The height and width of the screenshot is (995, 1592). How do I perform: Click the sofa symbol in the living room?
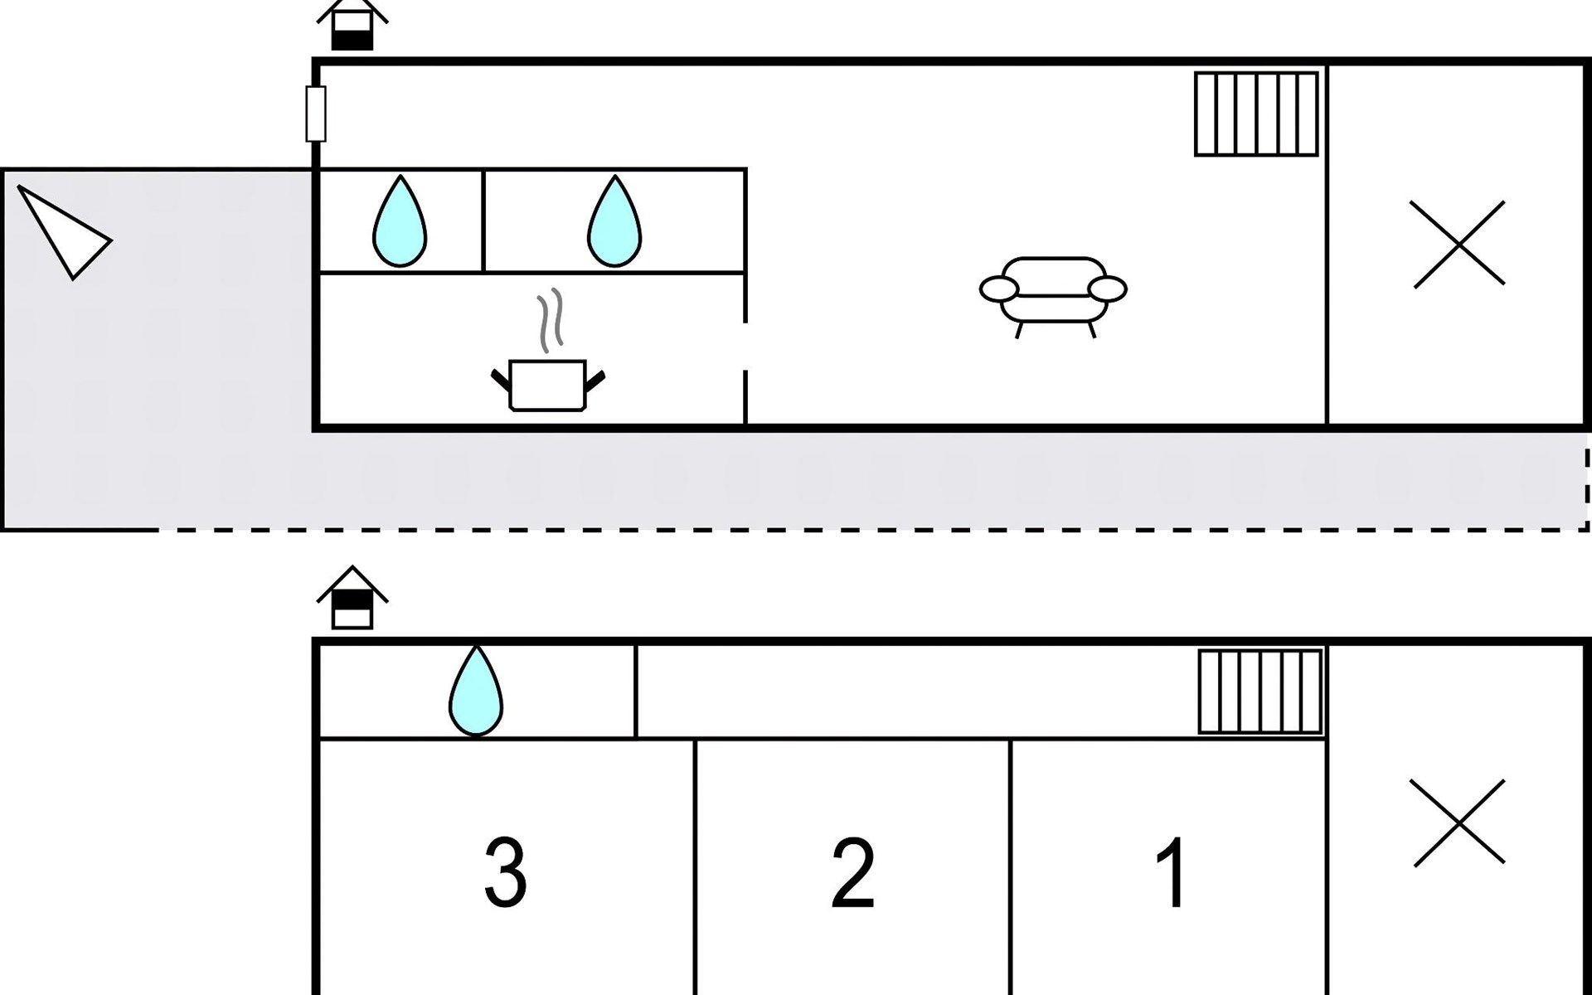tap(1053, 294)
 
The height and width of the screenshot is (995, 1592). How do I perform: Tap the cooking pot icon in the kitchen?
tap(547, 385)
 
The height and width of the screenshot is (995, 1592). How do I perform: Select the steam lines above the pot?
tap(550, 320)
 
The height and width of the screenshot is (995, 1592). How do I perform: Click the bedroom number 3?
tap(505, 872)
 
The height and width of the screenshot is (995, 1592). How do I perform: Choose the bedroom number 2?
tap(852, 872)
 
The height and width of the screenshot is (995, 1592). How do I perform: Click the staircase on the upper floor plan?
tap(1256, 114)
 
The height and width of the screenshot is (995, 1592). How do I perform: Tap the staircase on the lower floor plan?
tap(1260, 692)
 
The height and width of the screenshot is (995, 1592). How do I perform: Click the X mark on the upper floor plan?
tap(1459, 245)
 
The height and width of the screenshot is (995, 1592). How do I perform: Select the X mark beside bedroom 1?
tap(1459, 822)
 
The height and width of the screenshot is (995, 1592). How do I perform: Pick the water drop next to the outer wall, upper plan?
tap(400, 222)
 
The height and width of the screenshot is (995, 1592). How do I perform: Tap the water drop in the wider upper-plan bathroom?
tap(614, 222)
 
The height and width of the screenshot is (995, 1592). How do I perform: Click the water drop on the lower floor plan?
tap(476, 692)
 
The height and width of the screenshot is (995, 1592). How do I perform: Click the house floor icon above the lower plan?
tap(352, 599)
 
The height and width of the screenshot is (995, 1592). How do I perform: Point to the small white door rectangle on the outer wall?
tap(316, 114)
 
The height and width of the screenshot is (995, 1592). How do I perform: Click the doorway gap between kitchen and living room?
tap(745, 346)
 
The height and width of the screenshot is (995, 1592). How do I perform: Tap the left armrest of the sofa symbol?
tap(999, 289)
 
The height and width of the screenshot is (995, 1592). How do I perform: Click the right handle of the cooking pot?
tap(595, 382)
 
